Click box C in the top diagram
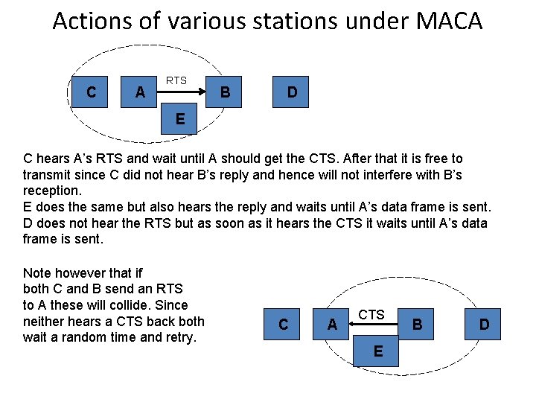(x=91, y=92)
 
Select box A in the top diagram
(x=140, y=92)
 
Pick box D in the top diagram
(x=292, y=92)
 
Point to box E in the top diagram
(x=180, y=118)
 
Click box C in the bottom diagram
(x=283, y=324)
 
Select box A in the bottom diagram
(x=332, y=324)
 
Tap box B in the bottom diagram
(x=417, y=324)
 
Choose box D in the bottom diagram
(x=484, y=324)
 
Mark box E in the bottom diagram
(x=378, y=351)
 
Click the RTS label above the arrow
(x=176, y=80)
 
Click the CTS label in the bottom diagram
(x=371, y=315)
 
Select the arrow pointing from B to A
(x=372, y=325)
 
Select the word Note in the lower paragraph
(x=37, y=272)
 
